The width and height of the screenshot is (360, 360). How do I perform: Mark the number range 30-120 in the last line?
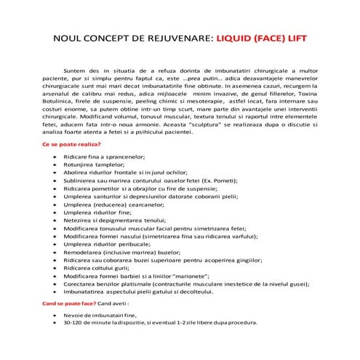[x=75, y=321]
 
